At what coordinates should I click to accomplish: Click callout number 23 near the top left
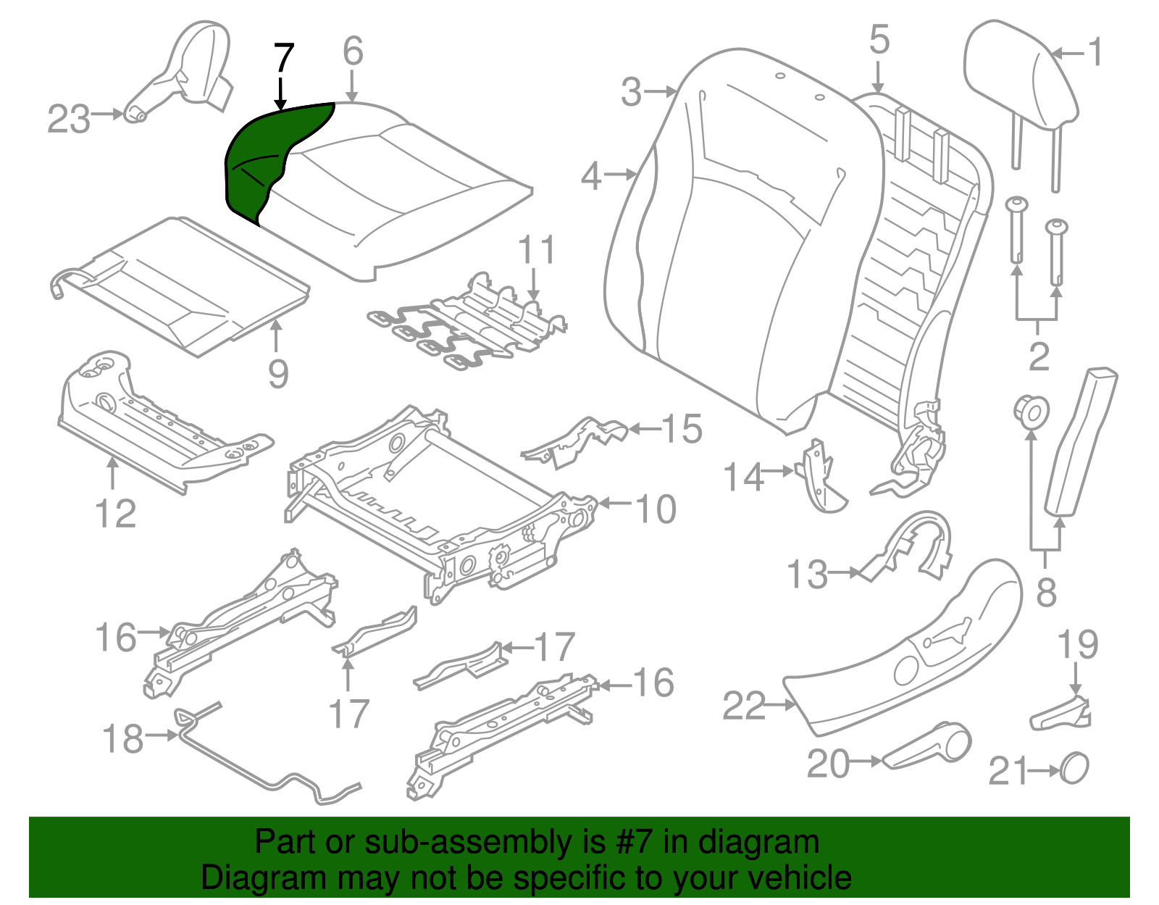point(69,120)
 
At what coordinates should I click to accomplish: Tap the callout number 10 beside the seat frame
point(656,509)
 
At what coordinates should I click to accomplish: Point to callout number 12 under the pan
point(116,514)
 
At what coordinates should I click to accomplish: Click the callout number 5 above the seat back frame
point(879,40)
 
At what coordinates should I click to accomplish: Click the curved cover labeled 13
point(909,547)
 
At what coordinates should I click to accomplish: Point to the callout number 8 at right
point(1046,593)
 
